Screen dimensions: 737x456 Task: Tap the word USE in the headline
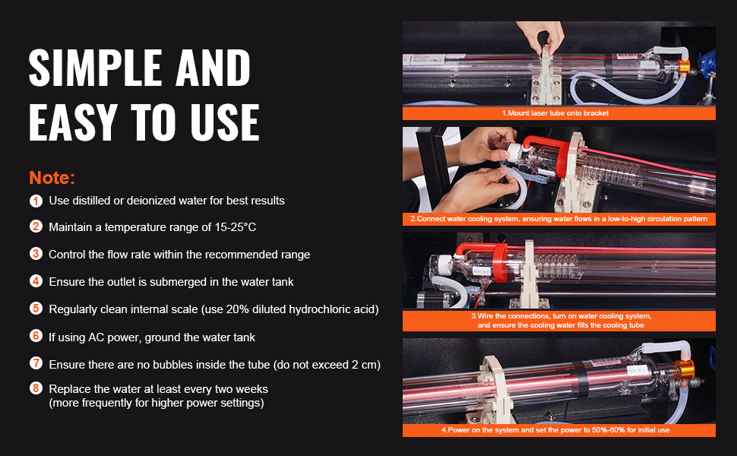(225, 122)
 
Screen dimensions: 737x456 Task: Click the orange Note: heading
(52, 178)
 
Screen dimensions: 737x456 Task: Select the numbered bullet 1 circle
(36, 201)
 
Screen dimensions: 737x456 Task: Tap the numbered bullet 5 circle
(36, 309)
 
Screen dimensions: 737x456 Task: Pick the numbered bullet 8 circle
(36, 388)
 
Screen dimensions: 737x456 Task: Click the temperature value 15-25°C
(236, 227)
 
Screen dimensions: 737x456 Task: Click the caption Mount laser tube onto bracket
(558, 112)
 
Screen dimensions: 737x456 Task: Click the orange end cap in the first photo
(684, 66)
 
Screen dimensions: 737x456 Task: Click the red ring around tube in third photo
(500, 263)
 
